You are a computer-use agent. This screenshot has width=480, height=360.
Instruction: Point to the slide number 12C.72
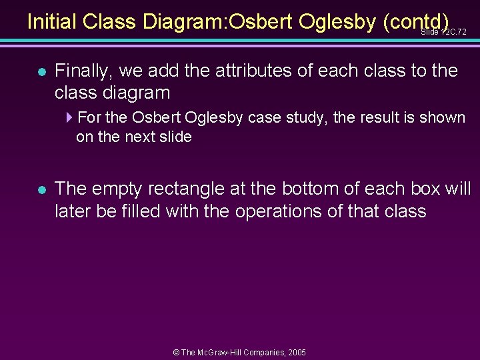pos(443,31)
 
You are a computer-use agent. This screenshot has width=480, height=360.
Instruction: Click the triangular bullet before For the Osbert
pos(70,117)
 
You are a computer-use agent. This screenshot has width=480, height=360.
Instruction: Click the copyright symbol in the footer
pos(176,352)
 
